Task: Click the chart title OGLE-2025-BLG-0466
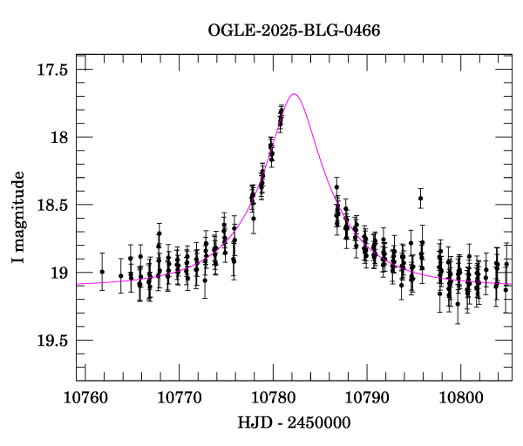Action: pos(294,31)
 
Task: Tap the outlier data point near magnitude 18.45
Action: pos(420,199)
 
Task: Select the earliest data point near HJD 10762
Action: pos(102,272)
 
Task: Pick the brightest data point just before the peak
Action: pos(282,109)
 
